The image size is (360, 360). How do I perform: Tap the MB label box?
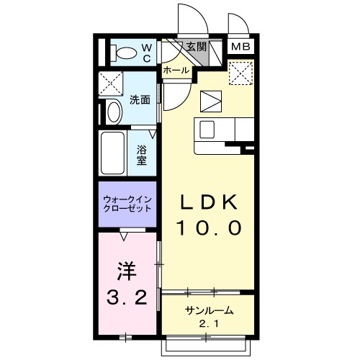pos(240,47)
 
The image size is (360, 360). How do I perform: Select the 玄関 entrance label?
pos(197,47)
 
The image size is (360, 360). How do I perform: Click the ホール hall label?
pos(176,71)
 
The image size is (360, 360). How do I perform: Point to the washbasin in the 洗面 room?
pos(114,112)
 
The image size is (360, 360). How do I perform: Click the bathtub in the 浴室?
pos(112,153)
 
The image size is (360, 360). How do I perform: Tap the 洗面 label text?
pos(140,100)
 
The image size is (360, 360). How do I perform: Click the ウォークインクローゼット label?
pos(127,204)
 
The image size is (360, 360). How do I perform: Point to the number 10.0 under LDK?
pos(209,228)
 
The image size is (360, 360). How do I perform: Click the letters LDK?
pos(209,202)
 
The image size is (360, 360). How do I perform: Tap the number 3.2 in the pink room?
pos(127,297)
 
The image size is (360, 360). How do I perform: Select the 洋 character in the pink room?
pos(127,271)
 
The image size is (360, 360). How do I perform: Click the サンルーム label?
pos(209,310)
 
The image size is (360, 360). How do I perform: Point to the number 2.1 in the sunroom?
pos(209,324)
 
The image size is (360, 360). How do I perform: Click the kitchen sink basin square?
pos(207,130)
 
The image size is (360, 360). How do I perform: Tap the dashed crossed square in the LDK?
pos(241,73)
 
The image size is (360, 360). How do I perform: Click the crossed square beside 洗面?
pos(111,84)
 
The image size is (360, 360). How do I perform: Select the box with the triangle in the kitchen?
pos(211,102)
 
